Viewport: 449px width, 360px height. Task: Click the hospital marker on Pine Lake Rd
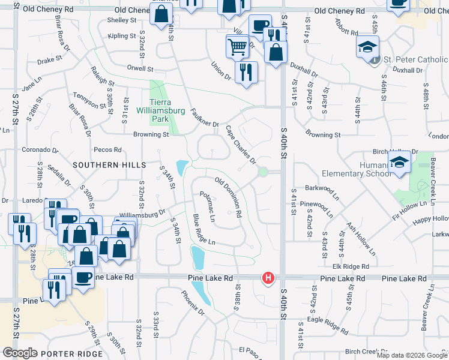(268, 278)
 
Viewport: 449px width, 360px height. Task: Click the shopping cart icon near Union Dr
(238, 46)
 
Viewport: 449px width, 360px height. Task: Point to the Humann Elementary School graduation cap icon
(399, 162)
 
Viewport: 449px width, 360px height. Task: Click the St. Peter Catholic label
(415, 59)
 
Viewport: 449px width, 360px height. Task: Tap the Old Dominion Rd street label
(229, 197)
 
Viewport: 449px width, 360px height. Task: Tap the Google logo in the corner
(20, 353)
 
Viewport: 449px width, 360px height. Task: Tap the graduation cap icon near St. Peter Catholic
(368, 46)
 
